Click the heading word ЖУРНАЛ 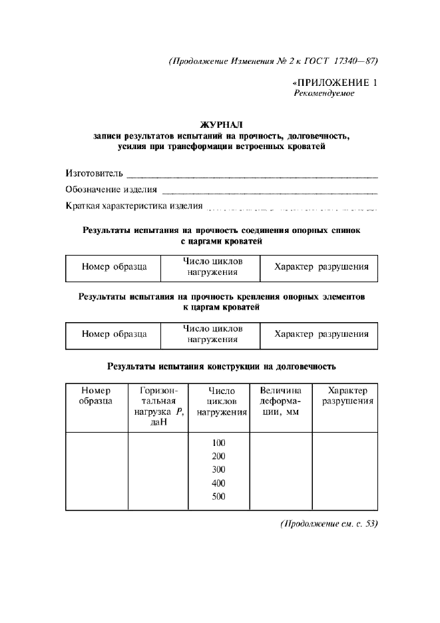tap(222, 124)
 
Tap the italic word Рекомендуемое tap(324, 94)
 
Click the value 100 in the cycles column tap(219, 443)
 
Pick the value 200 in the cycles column tap(219, 456)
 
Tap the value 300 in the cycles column tap(219, 469)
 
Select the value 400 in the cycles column tap(219, 483)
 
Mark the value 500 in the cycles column tap(219, 497)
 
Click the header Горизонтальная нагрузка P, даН tap(158, 407)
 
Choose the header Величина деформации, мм tap(280, 401)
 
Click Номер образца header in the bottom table tap(96, 396)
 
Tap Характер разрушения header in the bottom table tap(343, 396)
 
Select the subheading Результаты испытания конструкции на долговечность tap(222, 366)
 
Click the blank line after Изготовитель tap(252, 177)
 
